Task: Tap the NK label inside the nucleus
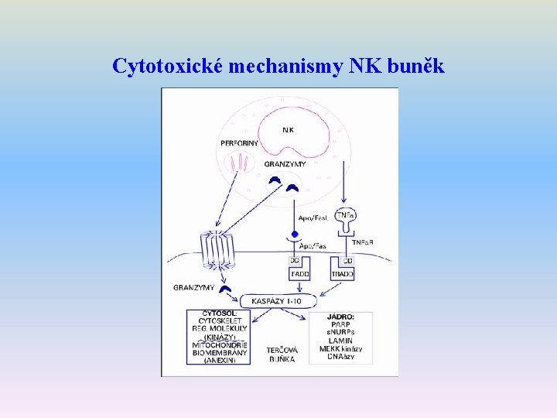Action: tap(287, 130)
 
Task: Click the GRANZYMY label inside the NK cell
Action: tap(285, 164)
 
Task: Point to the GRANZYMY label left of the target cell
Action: tap(193, 288)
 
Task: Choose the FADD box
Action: tap(299, 275)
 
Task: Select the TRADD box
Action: tap(343, 275)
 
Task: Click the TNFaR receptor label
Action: tap(363, 242)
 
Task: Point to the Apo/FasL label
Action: tap(313, 218)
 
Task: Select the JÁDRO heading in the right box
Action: tap(340, 317)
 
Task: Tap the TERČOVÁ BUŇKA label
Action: tap(282, 355)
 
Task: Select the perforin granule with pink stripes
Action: tap(240, 163)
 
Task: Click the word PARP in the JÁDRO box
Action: tap(340, 324)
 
